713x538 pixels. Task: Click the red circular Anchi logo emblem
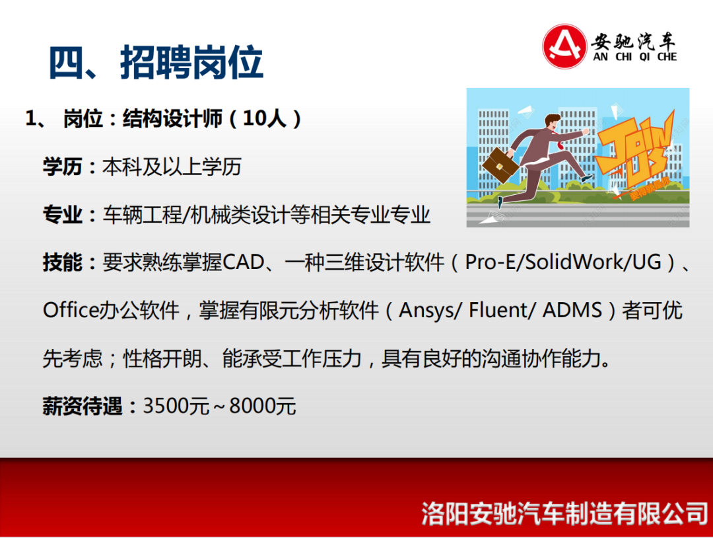(564, 46)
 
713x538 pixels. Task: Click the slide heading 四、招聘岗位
(156, 62)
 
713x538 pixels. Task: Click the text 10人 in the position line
(265, 119)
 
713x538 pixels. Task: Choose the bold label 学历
(62, 167)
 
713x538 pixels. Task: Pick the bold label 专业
(62, 214)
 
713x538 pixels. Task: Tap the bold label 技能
(62, 262)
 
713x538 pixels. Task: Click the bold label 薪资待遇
(83, 406)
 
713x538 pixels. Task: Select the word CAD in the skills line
(244, 262)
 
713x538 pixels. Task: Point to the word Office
(71, 311)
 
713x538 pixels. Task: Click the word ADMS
(572, 311)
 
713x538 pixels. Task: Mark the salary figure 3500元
(176, 406)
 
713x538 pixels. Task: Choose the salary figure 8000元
(263, 406)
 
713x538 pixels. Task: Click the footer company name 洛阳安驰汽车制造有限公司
(564, 514)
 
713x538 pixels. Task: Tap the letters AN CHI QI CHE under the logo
(635, 57)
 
